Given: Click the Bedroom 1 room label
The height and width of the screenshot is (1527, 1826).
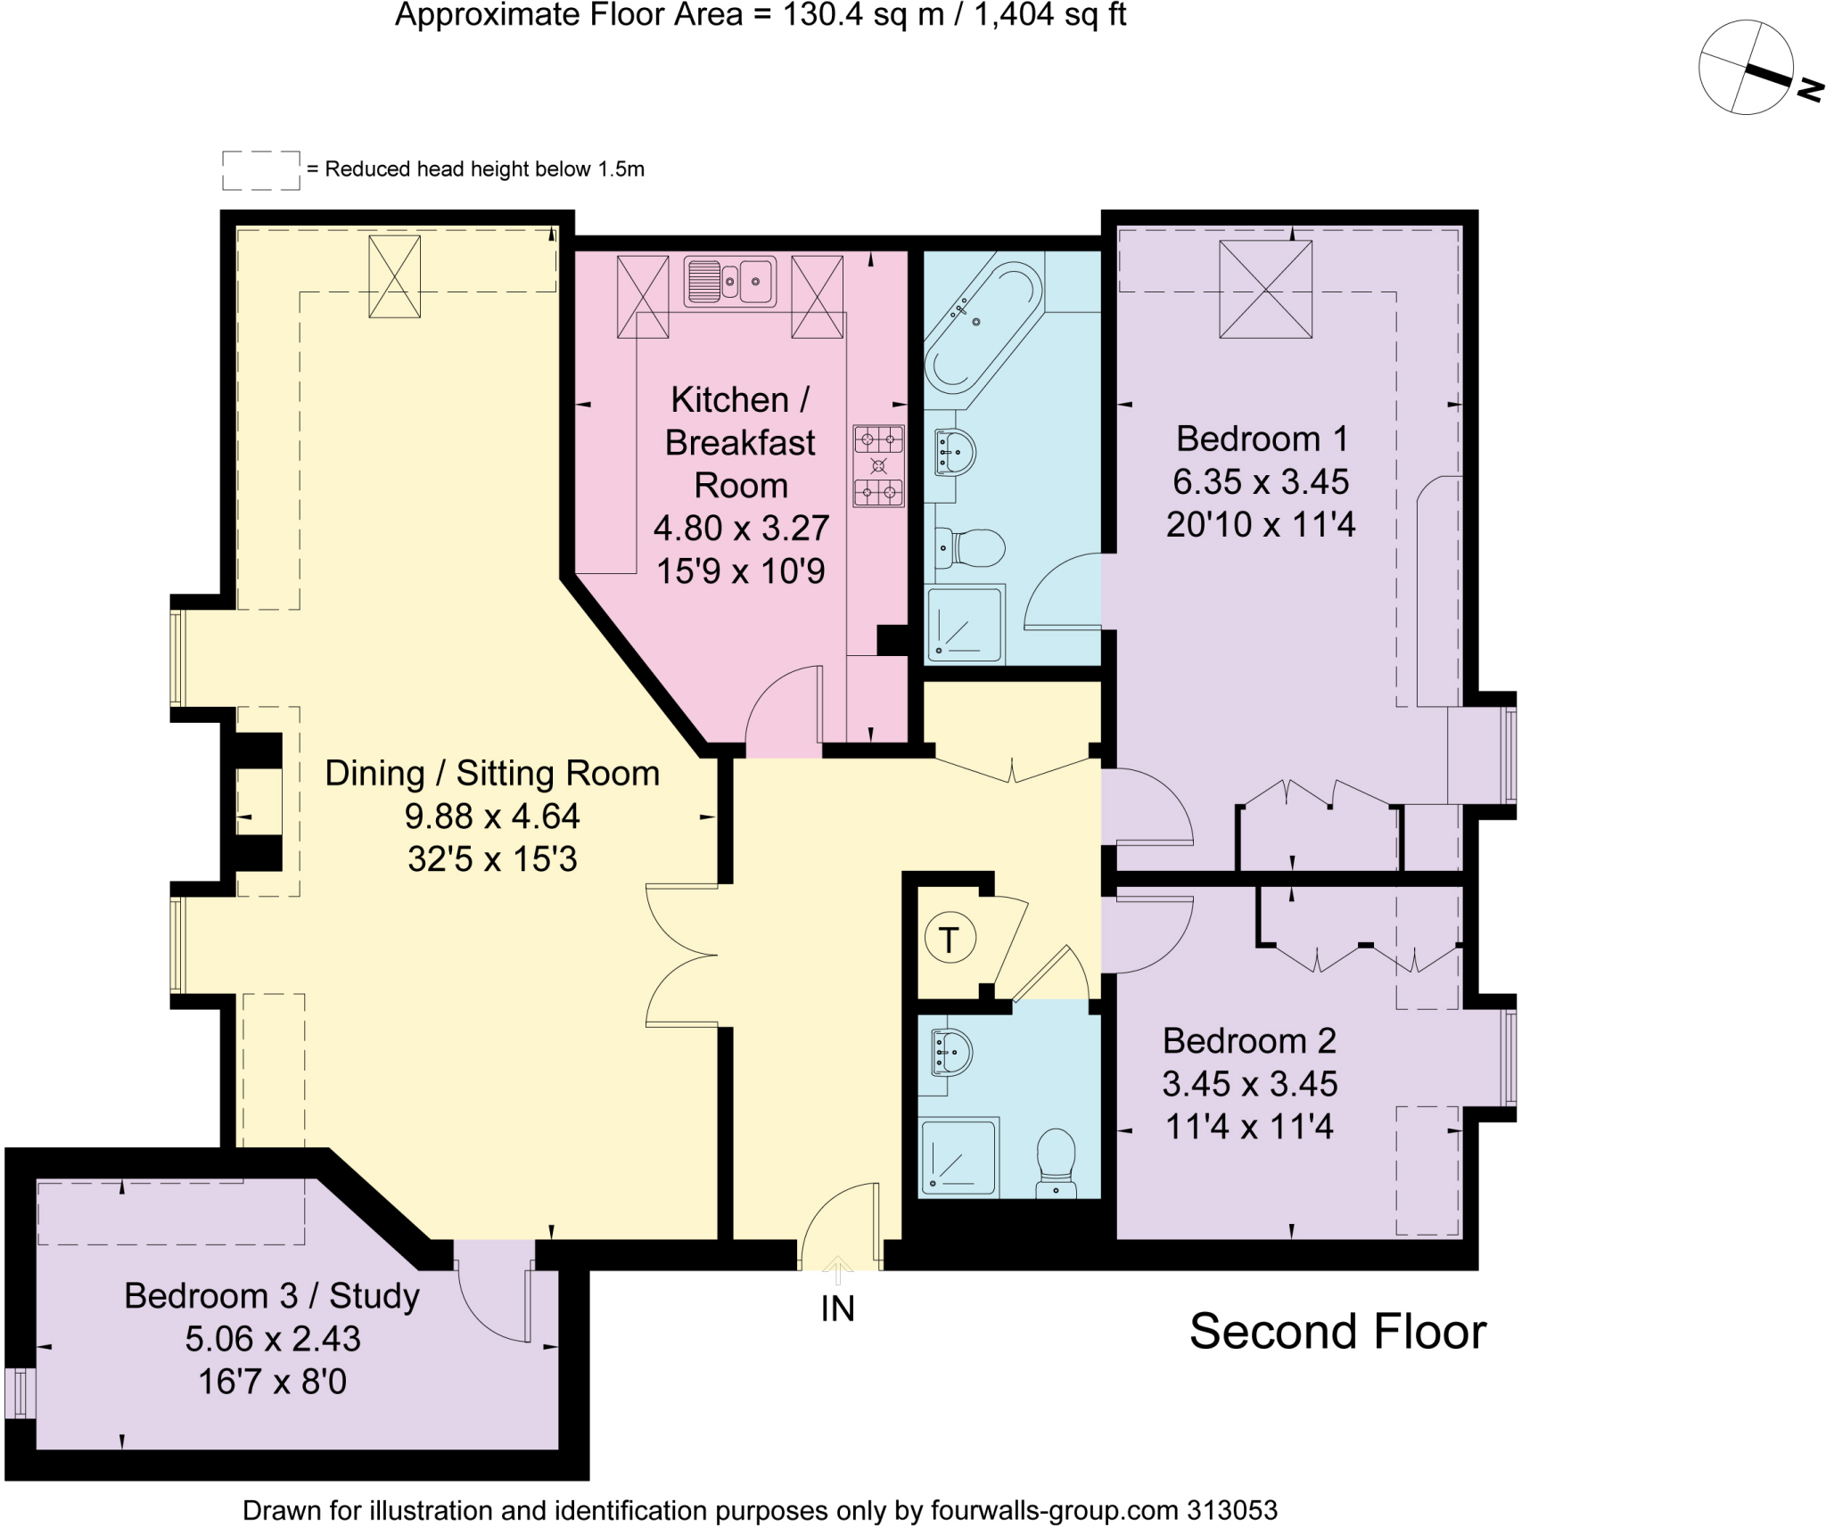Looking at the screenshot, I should pos(1261,439).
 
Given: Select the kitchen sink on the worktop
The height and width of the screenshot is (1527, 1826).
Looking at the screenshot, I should pos(729,281).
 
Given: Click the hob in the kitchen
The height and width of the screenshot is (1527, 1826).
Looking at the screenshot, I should pos(878,465).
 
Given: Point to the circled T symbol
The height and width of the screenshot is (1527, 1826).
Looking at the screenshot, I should pos(950,940).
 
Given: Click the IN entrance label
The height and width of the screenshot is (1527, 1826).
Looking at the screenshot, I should pos(837,1309).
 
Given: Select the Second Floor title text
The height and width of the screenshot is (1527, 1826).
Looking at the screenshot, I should pos(1337,1332).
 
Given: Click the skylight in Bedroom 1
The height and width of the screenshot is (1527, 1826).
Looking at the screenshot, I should pos(1265,290).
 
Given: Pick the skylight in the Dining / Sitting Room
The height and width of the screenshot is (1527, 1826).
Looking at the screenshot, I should pos(394,276).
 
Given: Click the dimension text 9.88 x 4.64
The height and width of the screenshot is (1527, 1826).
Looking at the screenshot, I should pos(492,817).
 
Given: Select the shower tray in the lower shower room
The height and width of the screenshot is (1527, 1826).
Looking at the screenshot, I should pos(958,1156).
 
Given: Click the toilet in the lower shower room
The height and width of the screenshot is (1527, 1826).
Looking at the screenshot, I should pos(1057,1162).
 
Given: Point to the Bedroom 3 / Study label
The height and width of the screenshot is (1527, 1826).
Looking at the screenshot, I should pos(272,1295).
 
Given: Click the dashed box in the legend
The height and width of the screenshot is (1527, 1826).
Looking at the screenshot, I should pos(260,170).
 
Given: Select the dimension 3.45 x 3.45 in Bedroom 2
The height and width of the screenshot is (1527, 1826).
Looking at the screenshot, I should pos(1249,1084).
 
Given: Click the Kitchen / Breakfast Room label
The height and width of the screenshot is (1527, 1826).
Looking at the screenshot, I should pos(740,442).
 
